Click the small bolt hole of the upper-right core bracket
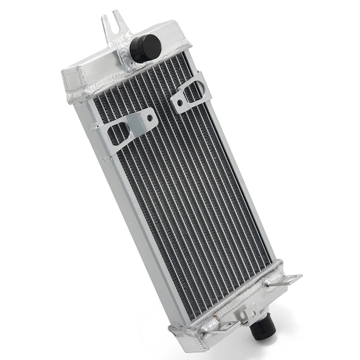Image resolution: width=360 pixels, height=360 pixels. click(x=179, y=102)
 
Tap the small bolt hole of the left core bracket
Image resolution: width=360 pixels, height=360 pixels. click(x=150, y=117)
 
